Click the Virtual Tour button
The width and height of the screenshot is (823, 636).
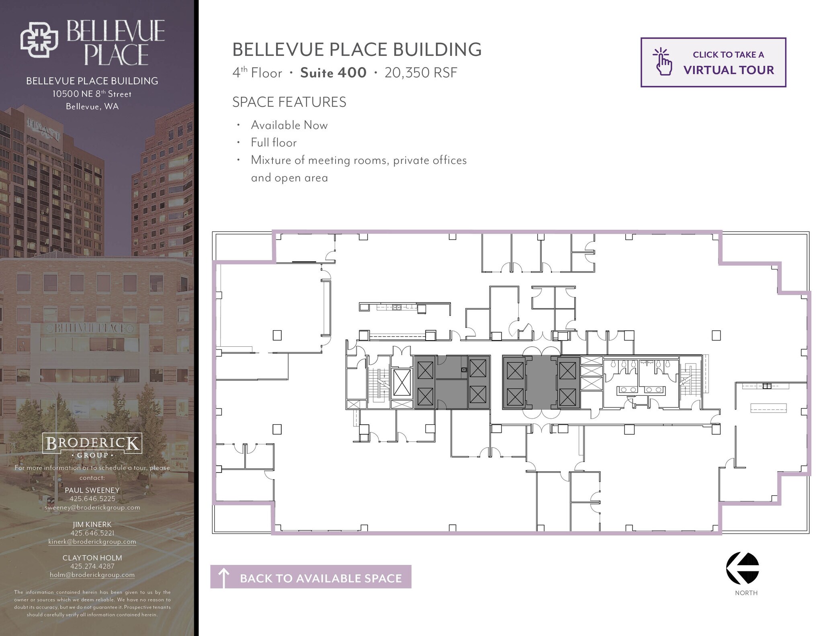coord(713,62)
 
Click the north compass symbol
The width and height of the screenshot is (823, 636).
coord(743,568)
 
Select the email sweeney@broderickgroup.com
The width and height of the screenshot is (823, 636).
coord(92,507)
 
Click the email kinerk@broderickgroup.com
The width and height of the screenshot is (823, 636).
coord(92,541)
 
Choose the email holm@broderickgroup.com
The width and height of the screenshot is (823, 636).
coord(92,575)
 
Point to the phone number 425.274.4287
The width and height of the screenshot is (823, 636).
coord(92,566)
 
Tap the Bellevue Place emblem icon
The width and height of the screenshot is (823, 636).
coord(39,39)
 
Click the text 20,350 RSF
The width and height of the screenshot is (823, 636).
coord(421,73)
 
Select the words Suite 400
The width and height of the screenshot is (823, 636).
coord(333,73)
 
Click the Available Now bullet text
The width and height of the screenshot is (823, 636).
coord(289,125)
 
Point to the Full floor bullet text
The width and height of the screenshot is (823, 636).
coord(274,143)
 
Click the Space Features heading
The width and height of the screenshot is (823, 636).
coord(289,102)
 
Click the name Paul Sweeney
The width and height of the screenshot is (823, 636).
coord(92,490)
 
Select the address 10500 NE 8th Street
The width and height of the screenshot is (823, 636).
coord(92,94)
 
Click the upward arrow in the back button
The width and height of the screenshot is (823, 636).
coord(223,577)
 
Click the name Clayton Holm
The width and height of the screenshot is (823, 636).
coord(92,558)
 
